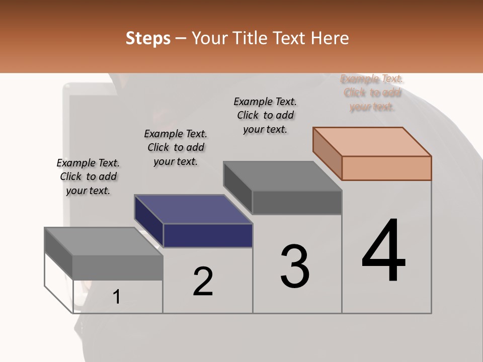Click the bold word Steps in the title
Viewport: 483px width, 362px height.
[148, 38]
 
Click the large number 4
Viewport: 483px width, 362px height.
[383, 251]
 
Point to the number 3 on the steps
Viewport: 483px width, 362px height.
[295, 266]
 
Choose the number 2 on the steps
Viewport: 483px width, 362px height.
[203, 282]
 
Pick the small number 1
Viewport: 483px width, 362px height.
[117, 297]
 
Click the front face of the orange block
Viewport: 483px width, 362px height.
[386, 168]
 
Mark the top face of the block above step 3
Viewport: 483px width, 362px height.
[283, 176]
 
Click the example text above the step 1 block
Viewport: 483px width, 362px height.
[88, 177]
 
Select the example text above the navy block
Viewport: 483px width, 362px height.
[176, 148]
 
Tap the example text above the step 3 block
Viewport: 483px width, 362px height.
[265, 116]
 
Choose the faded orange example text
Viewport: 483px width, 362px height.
[372, 93]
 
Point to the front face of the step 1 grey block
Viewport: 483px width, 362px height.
[118, 267]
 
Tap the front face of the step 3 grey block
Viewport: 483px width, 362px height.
[297, 203]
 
